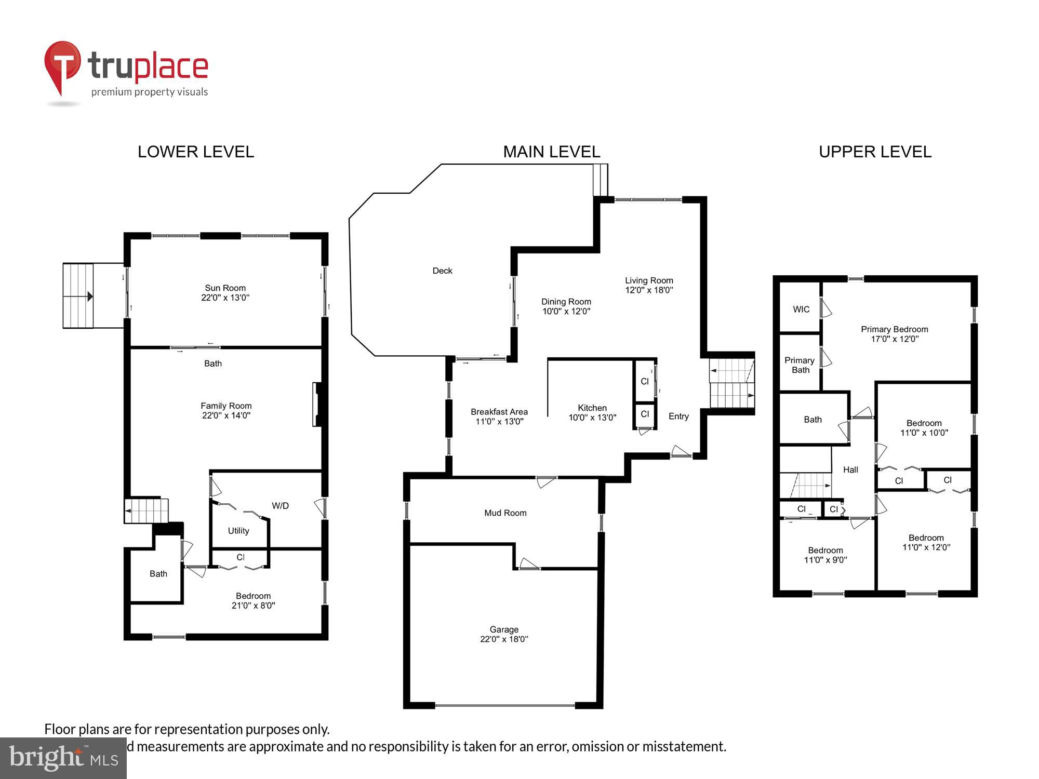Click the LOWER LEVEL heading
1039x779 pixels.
pos(196,152)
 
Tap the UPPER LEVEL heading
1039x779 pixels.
pos(875,152)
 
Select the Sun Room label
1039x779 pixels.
pos(225,288)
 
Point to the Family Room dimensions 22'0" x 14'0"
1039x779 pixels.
pos(226,415)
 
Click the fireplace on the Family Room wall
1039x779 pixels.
pos(317,405)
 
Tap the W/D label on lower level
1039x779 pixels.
pos(280,506)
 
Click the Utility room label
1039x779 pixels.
pos(238,531)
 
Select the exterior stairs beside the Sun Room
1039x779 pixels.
pos(78,296)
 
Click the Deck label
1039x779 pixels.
pos(442,271)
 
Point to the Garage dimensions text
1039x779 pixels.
pos(504,639)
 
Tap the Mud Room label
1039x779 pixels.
pos(505,513)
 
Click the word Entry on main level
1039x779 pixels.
pos(678,417)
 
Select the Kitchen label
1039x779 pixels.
pos(592,408)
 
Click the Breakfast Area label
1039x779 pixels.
pos(499,412)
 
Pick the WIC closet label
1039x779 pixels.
pos(801,310)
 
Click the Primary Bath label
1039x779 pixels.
pos(800,365)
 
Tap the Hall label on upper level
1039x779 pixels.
pos(850,470)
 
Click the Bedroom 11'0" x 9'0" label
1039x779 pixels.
pos(825,555)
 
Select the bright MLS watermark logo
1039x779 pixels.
pos(63,758)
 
